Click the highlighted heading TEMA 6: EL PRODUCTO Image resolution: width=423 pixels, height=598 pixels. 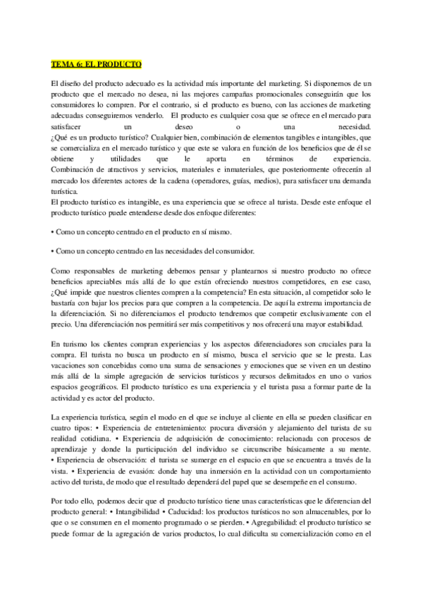point(96,63)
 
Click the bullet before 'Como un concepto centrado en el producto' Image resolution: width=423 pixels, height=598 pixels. point(54,231)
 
